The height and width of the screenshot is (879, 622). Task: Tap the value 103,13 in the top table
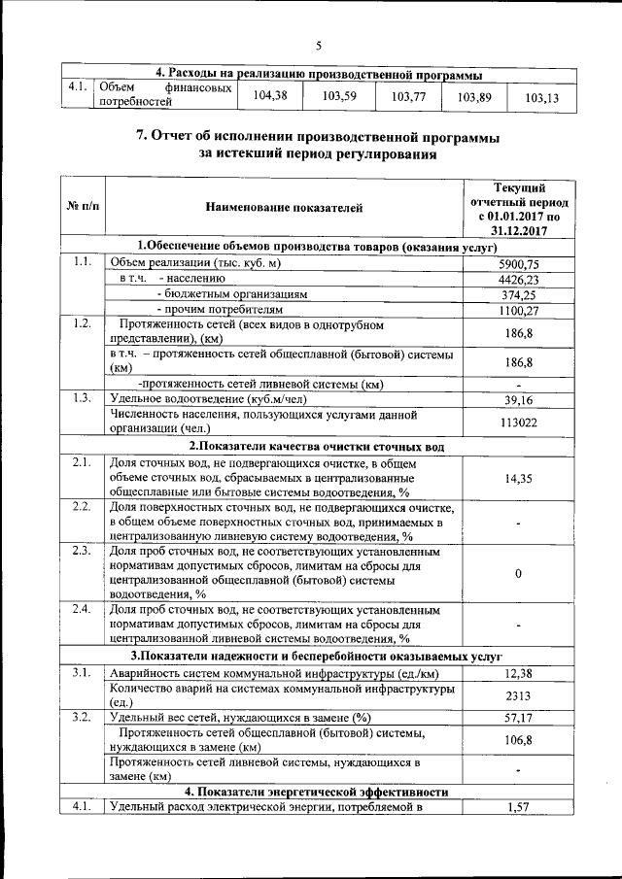(541, 98)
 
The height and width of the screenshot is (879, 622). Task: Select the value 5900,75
(518, 264)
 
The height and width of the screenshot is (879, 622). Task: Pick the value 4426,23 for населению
(518, 280)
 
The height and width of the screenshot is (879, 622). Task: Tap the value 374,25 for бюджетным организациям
(518, 295)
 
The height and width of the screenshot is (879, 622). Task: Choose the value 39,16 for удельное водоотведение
(518, 399)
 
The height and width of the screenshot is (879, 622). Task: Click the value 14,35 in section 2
(518, 479)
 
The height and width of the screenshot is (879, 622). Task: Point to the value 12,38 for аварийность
(518, 674)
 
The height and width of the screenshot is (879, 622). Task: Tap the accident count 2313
(518, 696)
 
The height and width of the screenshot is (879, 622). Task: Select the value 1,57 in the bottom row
(518, 807)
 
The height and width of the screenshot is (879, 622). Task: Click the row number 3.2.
(82, 718)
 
